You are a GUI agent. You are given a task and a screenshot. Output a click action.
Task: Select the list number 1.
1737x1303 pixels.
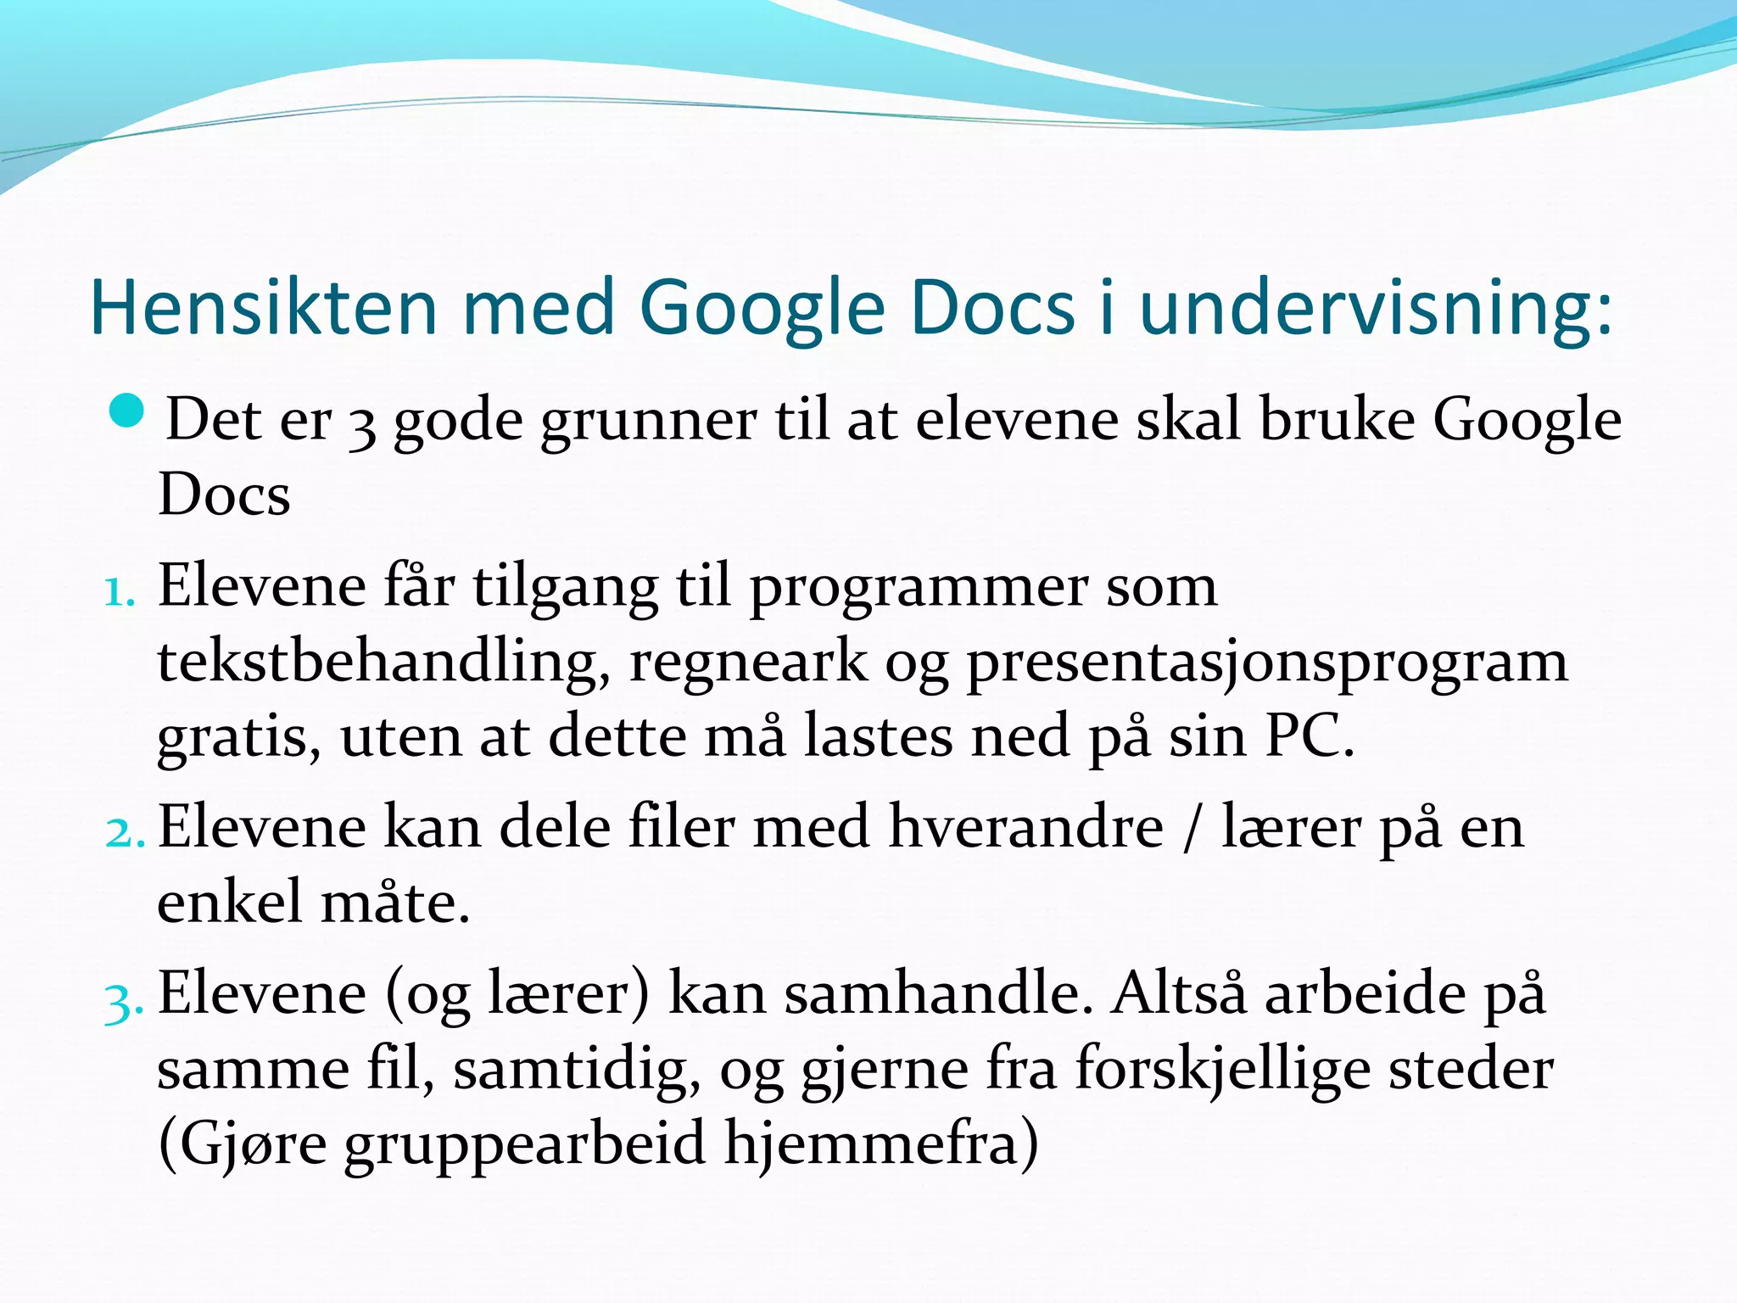[118, 592]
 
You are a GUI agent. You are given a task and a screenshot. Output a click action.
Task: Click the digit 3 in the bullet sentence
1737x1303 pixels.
[362, 426]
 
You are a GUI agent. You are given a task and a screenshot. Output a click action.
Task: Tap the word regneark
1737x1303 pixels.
[748, 663]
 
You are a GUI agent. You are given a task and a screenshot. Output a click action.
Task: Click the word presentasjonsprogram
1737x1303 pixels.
[1267, 663]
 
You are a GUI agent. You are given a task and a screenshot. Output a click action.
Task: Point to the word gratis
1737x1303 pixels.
[238, 737]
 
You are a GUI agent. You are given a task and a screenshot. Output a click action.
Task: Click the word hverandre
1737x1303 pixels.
[1025, 827]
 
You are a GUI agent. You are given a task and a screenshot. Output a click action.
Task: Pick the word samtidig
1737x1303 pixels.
[577, 1070]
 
